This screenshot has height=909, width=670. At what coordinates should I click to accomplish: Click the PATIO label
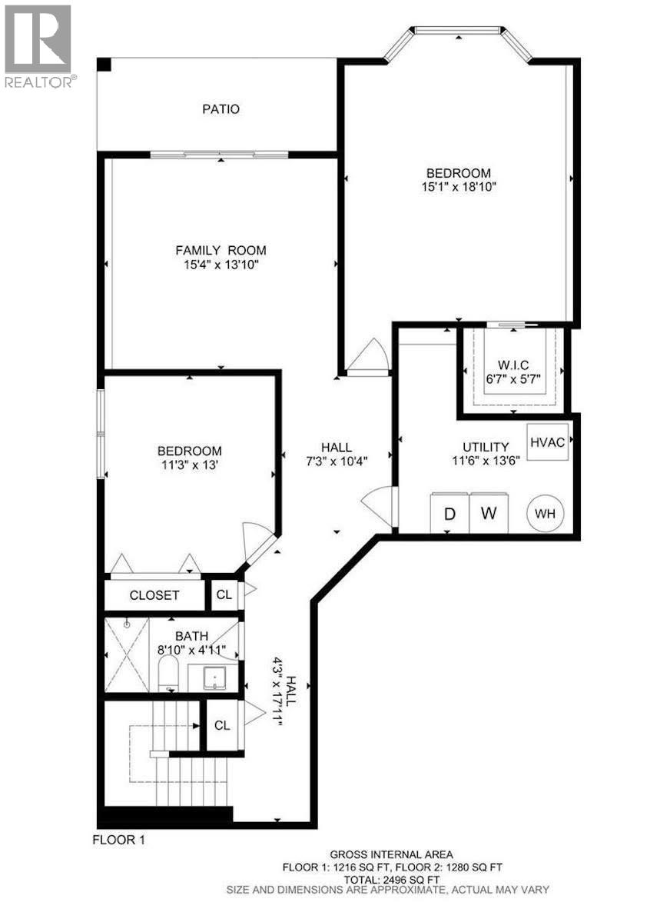click(221, 109)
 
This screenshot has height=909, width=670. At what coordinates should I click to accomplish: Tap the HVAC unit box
click(547, 441)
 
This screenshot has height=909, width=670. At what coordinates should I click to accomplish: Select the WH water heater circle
click(545, 513)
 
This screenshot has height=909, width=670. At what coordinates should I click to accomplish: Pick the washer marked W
click(489, 513)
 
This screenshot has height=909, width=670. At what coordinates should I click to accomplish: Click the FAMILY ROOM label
click(221, 250)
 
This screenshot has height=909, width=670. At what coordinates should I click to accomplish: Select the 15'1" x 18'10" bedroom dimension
click(458, 187)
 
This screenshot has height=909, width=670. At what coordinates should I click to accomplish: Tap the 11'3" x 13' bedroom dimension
click(190, 464)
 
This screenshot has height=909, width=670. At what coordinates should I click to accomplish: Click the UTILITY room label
click(485, 447)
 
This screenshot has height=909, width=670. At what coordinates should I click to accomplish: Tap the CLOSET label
click(154, 595)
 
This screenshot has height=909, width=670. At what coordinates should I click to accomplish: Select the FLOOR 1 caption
click(118, 840)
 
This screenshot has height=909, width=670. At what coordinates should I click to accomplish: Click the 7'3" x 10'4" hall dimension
click(336, 461)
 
